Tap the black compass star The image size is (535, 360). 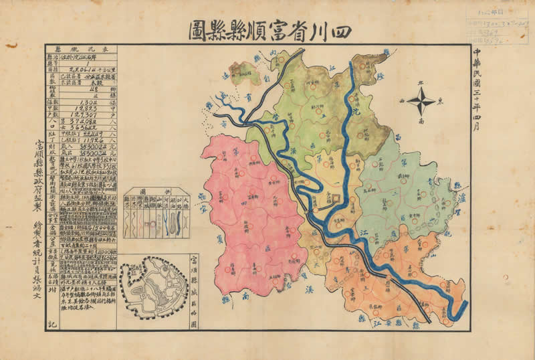(x=421, y=103)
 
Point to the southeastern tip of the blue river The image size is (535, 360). (x=455, y=311)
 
